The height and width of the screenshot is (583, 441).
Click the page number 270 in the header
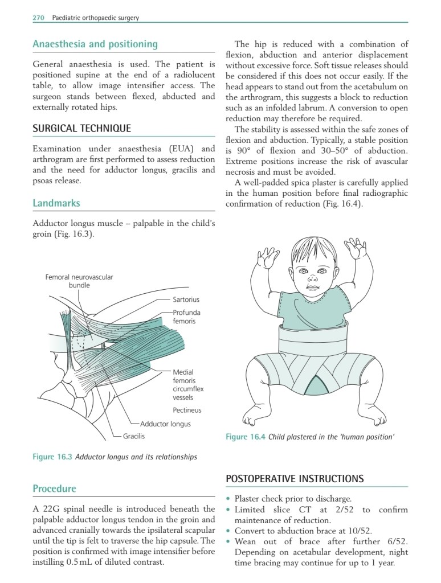point(38,18)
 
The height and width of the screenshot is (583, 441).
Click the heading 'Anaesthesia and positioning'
point(95,44)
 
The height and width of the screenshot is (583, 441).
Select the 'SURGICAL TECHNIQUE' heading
point(81,128)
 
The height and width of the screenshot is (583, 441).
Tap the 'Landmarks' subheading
point(56,203)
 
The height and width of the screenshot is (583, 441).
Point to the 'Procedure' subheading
point(54,488)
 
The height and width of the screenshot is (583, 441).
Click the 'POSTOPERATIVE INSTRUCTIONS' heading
point(295,479)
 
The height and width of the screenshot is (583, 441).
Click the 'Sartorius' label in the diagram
point(186,299)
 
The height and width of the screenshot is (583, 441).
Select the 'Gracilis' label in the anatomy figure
point(134,436)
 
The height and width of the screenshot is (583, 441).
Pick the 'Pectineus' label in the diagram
point(187,410)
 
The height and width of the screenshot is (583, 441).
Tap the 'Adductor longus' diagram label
point(165,424)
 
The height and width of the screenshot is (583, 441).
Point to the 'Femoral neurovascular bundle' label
point(79,281)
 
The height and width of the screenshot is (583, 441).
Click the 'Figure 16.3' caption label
point(53,457)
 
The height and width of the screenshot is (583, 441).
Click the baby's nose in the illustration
point(312,279)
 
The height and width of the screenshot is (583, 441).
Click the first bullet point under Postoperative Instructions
point(228,499)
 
